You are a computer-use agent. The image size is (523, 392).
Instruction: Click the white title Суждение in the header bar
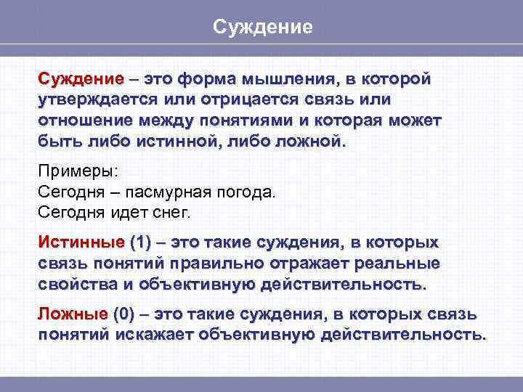pyautogui.click(x=262, y=27)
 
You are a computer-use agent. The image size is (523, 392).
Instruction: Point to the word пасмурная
pyautogui.click(x=167, y=192)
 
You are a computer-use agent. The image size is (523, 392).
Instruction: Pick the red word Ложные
pyautogui.click(x=73, y=314)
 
